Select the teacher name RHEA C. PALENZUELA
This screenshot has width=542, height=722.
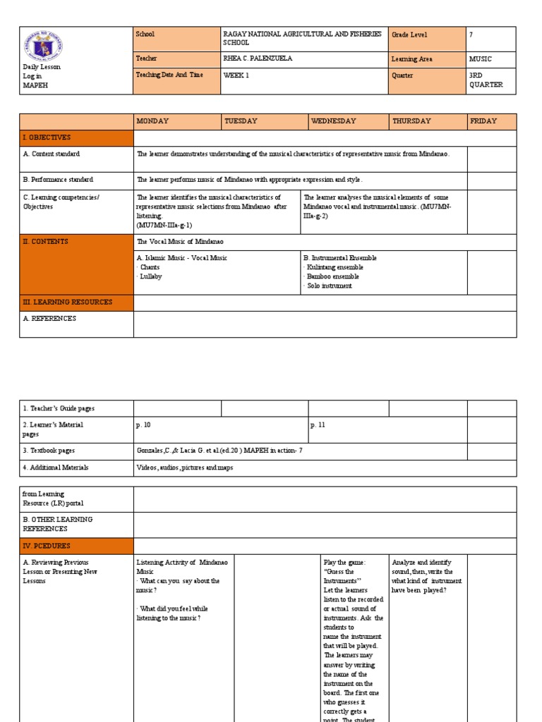[x=257, y=59]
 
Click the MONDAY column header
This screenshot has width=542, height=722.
[x=152, y=121]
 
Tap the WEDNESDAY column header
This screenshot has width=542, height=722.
[x=334, y=121]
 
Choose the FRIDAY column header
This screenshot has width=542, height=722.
[x=483, y=121]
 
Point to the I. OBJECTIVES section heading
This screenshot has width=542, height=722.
[x=47, y=137]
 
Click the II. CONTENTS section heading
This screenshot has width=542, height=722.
[x=46, y=242]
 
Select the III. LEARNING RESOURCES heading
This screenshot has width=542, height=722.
[x=68, y=302]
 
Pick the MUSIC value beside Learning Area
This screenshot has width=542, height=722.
[x=481, y=59]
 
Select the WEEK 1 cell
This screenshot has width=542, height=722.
[x=236, y=75]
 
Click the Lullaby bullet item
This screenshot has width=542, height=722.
[x=150, y=276]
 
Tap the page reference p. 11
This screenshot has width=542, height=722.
[x=318, y=425]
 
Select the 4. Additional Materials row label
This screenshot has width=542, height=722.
[x=56, y=467]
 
